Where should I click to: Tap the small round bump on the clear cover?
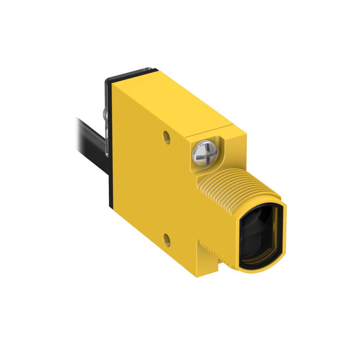(x=105, y=114)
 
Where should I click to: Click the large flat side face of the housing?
(x=146, y=183)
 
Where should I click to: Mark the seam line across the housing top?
(x=208, y=130)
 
